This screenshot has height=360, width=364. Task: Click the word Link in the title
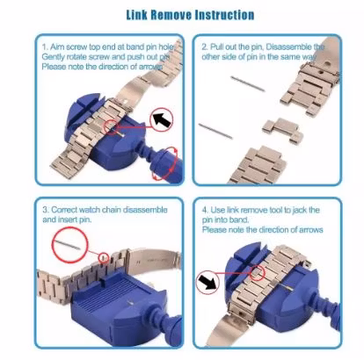click(x=136, y=15)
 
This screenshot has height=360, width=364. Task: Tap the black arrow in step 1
click(x=162, y=120)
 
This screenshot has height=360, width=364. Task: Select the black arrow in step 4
click(x=207, y=283)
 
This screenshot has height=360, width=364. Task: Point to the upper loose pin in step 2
click(x=248, y=83)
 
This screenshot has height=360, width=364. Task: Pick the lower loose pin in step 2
click(x=215, y=131)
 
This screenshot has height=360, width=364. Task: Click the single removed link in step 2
click(x=282, y=131)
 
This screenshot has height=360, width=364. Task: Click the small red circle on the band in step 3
click(x=104, y=258)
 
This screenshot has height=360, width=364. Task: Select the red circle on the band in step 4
click(x=258, y=273)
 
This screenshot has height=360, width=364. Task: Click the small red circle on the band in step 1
click(x=112, y=127)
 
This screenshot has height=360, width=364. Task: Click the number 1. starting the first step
click(x=45, y=47)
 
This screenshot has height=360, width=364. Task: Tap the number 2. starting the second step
click(x=205, y=47)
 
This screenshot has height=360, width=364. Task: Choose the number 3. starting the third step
click(x=46, y=210)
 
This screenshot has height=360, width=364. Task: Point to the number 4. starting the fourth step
click(x=206, y=210)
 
